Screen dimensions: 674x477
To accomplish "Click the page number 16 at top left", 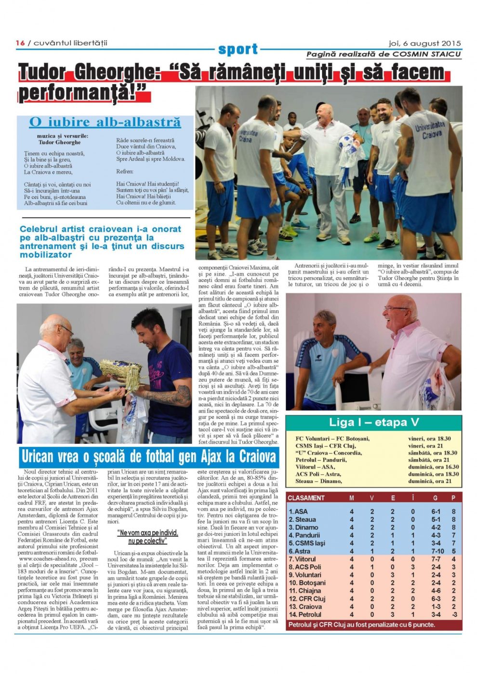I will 20,43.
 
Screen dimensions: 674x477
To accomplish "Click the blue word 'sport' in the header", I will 238,49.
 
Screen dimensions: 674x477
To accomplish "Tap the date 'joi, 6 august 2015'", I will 424,43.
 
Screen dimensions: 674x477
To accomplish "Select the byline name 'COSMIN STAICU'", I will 426,54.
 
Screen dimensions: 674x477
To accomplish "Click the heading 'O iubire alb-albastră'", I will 105,122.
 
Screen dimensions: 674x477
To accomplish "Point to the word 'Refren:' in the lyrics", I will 125,171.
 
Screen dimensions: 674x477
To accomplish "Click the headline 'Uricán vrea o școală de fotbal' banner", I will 149,456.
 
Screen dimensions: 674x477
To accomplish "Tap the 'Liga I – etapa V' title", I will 374,423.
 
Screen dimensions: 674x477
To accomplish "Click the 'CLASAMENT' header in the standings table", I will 306,498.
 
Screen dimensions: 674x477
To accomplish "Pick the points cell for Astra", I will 453,551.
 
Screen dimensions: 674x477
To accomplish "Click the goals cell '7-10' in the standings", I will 438,551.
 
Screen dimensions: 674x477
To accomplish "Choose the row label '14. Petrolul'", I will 305,614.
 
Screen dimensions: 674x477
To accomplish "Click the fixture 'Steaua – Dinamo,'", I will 318,480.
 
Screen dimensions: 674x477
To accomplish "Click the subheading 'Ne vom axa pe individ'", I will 147,533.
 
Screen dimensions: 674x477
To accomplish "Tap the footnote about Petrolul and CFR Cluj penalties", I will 361,624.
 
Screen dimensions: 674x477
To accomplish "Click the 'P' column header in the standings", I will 453,498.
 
